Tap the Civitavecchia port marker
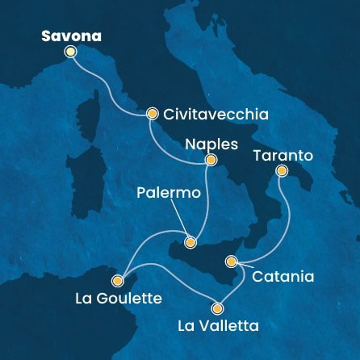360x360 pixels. (151, 114)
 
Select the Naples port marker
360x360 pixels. (211, 160)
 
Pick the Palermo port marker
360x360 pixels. (190, 241)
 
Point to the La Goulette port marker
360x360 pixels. (117, 281)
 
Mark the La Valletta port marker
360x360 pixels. (216, 308)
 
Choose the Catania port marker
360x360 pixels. (232, 261)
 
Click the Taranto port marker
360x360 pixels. (281, 170)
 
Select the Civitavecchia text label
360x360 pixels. (211, 115)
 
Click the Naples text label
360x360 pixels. (211, 144)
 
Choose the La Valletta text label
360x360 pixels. (218, 326)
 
